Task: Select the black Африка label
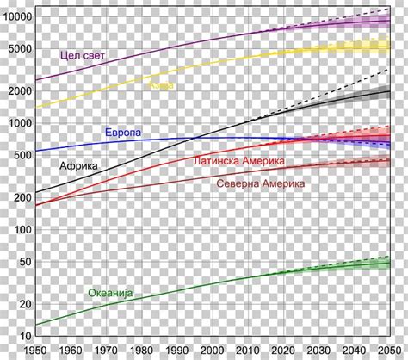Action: [78, 164]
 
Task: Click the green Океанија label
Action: [111, 293]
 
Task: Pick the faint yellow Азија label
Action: [160, 85]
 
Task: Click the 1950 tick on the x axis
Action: [36, 349]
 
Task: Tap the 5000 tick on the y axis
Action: [19, 49]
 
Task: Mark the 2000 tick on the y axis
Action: [19, 91]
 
